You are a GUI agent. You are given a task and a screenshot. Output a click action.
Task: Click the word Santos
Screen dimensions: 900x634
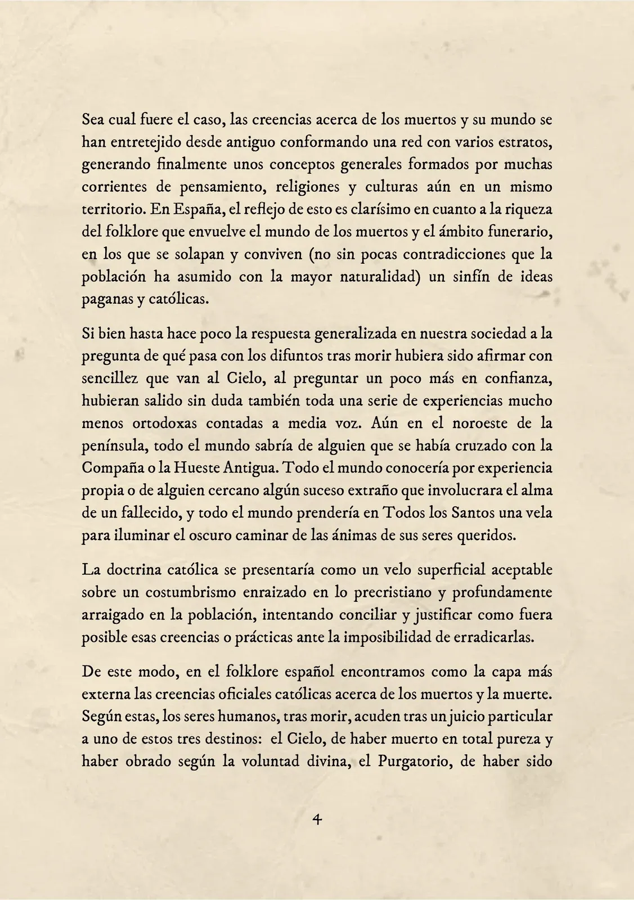(x=449, y=513)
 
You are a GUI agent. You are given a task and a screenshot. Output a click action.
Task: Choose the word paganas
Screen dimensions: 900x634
(x=107, y=300)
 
